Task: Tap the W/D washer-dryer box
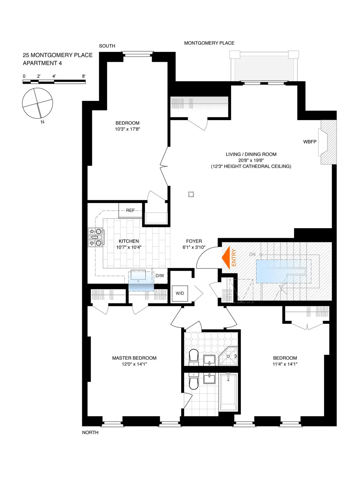point(180,293)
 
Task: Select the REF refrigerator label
point(130,210)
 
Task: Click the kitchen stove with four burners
point(95,237)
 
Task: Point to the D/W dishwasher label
point(160,276)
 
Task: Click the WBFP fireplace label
point(310,142)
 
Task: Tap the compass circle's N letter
point(43,122)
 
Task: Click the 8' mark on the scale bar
point(84,76)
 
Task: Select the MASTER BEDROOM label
point(134,358)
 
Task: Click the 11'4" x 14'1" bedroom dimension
point(285,364)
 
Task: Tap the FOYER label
point(194,241)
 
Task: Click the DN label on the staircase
point(252,255)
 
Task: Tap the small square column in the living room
point(191,195)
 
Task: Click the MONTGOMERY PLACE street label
point(209,43)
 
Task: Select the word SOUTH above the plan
point(107,46)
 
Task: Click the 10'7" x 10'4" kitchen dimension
point(129,247)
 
